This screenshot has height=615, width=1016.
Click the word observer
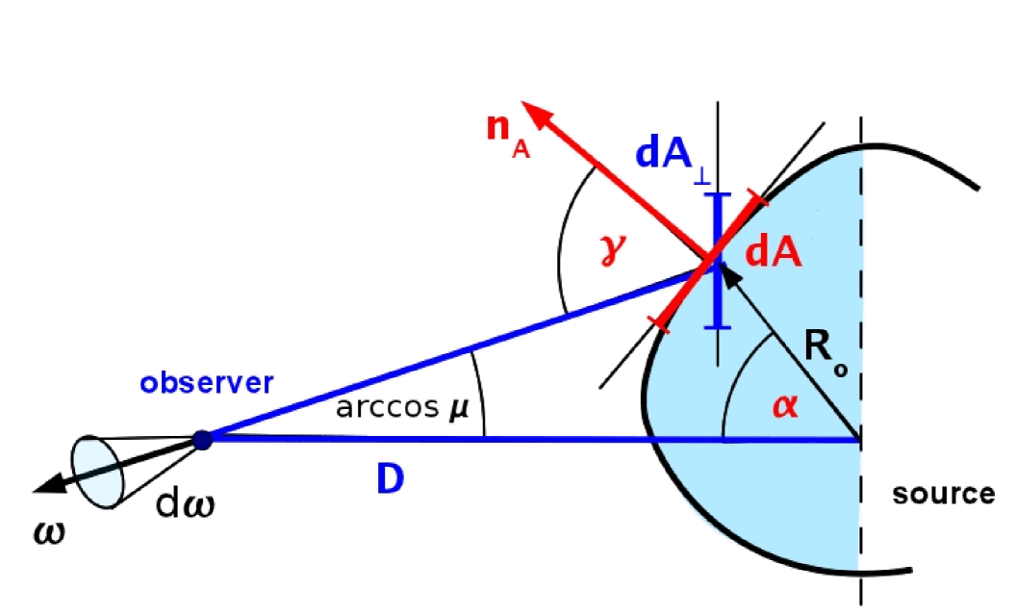pos(207,382)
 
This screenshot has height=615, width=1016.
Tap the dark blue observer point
pos(202,440)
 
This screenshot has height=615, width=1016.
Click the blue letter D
pos(389,480)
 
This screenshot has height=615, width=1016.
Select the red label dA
pos(775,252)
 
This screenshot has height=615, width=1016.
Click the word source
pos(943,495)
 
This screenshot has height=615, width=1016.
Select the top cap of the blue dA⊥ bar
pos(719,195)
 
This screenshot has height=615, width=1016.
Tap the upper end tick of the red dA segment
pos(758,200)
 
